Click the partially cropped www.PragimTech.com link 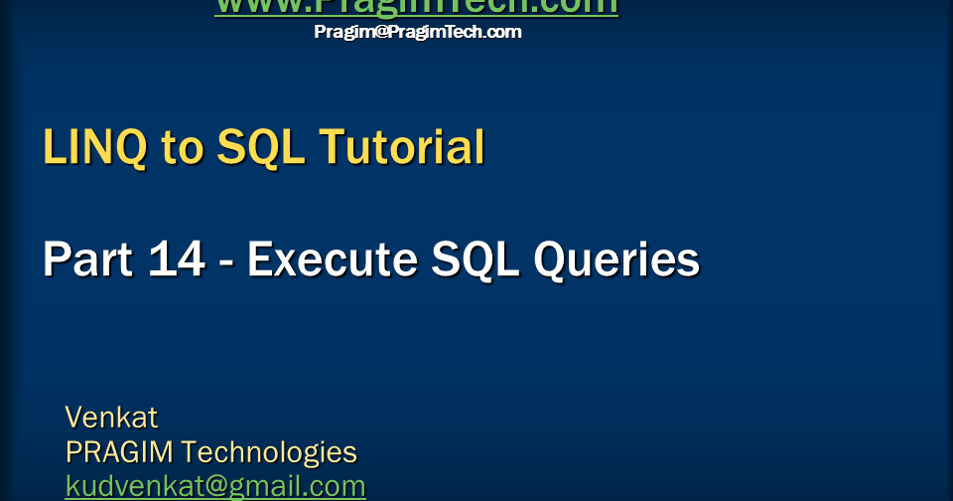tap(416, 7)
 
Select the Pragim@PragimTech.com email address tap(417, 32)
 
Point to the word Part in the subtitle tap(86, 260)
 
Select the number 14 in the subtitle tap(177, 260)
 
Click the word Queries tap(616, 260)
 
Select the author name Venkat tap(111, 416)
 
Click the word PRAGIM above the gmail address tap(119, 452)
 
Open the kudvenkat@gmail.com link tap(215, 486)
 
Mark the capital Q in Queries tap(551, 260)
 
